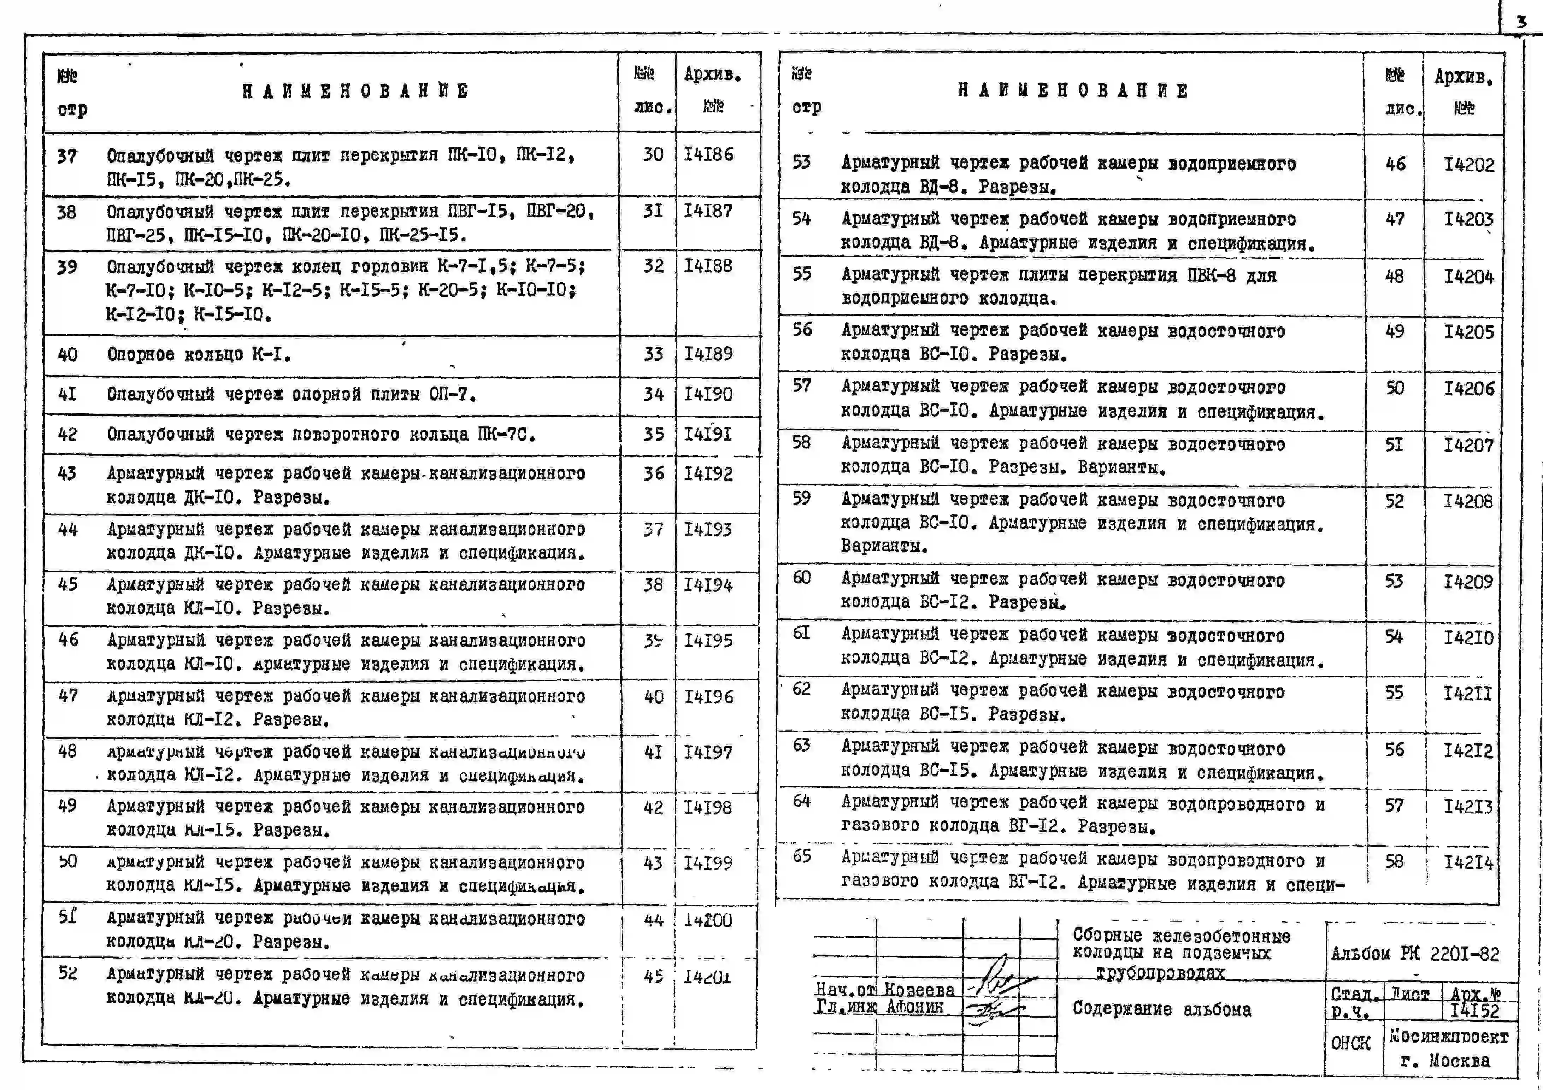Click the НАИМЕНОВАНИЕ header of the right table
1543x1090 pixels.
[x=1073, y=91]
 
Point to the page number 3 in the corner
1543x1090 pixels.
[x=1521, y=22]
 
